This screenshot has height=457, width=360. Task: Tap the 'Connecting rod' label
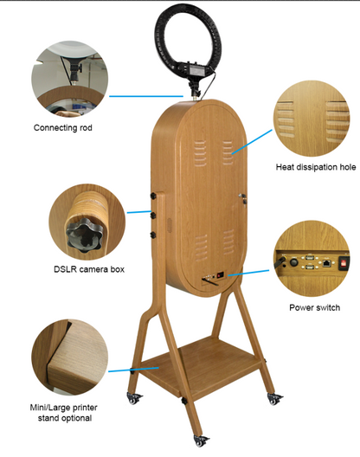pos(62,127)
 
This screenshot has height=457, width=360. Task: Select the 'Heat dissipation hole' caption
pos(316,167)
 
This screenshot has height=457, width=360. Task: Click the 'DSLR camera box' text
pos(89,269)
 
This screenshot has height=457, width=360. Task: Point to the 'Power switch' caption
pos(314,307)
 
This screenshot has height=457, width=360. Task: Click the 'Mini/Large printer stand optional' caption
pos(64,413)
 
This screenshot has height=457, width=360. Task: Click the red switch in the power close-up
pos(344,263)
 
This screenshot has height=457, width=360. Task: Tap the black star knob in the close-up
pos(84,235)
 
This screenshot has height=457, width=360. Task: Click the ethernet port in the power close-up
pos(327,263)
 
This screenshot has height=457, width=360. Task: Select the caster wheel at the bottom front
pos(201,441)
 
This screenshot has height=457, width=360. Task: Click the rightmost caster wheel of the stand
pos(274,399)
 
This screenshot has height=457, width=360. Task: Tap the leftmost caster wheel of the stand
pos(133,398)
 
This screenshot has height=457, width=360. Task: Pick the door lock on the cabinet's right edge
pos(243,198)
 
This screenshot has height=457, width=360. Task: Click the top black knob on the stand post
pos(153,196)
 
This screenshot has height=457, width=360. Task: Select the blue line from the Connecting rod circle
pos(146,96)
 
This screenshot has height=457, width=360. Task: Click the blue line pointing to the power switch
pos(248,273)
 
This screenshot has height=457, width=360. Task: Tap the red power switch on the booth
pos(220,274)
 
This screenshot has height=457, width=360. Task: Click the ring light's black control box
pos(194,69)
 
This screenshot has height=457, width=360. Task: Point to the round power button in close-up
pos(293,262)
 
